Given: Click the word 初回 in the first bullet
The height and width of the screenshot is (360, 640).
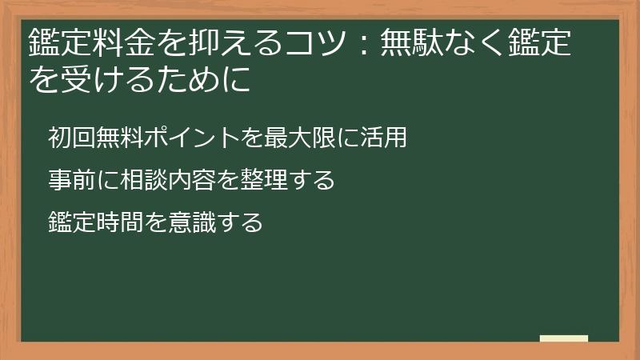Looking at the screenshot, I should tap(71, 138).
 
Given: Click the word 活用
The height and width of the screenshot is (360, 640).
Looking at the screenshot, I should tap(384, 138).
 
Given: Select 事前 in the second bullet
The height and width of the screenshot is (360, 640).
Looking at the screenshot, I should tap(71, 180).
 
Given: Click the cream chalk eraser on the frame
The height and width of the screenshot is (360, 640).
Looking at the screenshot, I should tap(564, 338).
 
